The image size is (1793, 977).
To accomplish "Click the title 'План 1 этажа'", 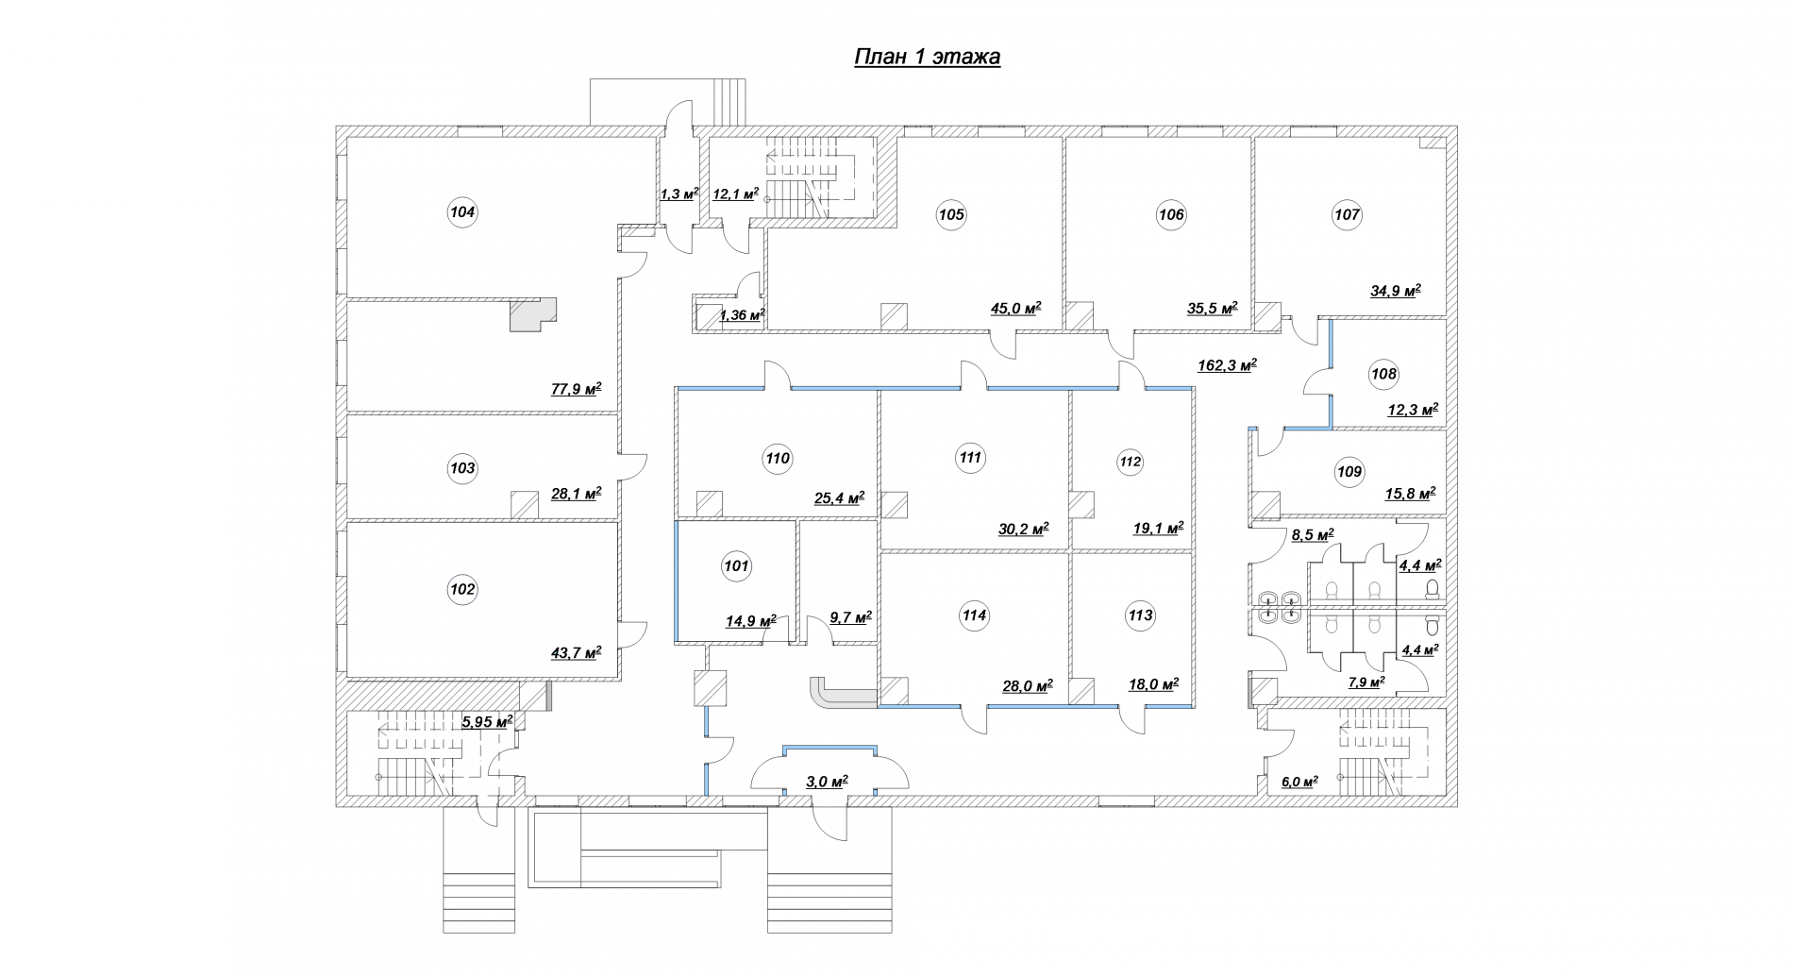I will coord(927,58).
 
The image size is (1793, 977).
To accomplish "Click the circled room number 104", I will coord(462,212).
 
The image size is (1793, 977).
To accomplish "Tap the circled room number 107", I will coord(1347,214).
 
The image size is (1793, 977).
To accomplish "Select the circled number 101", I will coord(735,566).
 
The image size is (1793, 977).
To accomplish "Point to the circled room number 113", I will coord(1140,615).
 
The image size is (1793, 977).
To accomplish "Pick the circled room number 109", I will coord(1349,471).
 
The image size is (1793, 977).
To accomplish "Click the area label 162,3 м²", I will coord(1227,365).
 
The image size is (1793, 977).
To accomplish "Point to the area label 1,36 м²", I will coord(741,314).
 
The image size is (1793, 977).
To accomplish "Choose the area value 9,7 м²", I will coord(850,617).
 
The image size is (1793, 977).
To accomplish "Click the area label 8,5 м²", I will coord(1312,535).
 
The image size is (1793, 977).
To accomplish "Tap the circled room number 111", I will coord(970,458).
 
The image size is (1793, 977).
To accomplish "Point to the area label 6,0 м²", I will coord(1299,782).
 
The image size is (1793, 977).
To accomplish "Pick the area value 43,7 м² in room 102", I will coord(576,652).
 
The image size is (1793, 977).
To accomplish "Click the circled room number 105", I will coord(951,214).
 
